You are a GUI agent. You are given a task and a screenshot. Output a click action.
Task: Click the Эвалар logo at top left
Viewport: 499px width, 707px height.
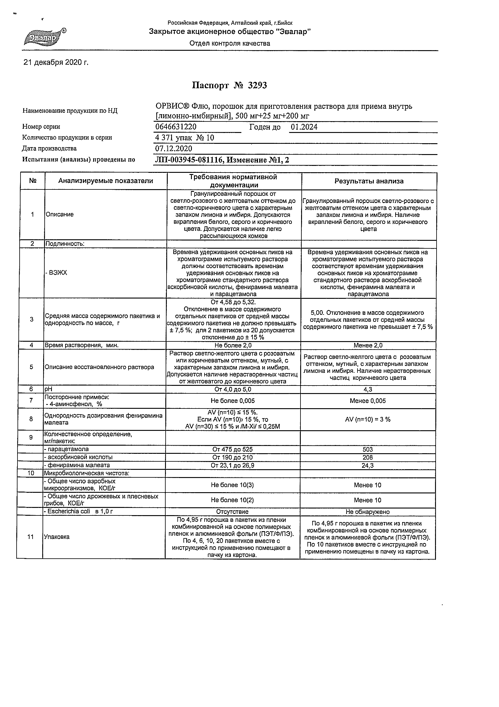click(x=45, y=37)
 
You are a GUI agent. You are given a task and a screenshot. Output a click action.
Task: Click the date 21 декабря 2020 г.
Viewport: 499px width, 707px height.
click(x=56, y=63)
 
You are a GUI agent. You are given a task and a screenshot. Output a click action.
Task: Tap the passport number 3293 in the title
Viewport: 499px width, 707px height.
click(x=257, y=85)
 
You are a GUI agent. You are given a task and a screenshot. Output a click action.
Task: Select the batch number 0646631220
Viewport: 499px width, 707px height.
click(x=176, y=127)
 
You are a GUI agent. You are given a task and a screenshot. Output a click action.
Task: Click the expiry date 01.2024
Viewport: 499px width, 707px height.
click(x=304, y=127)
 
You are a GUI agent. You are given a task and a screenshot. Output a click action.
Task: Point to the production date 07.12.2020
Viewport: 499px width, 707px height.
click(x=174, y=149)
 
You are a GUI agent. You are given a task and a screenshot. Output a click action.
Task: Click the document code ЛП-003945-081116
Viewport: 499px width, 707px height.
click(x=188, y=160)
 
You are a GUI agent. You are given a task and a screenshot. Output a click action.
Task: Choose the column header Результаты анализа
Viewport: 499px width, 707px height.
click(x=369, y=181)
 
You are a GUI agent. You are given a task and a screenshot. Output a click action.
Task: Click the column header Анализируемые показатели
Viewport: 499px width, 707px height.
click(x=106, y=181)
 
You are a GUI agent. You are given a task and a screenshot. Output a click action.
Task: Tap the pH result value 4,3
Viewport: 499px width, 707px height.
click(x=368, y=389)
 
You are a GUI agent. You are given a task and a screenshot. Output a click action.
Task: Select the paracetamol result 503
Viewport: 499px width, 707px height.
click(x=368, y=450)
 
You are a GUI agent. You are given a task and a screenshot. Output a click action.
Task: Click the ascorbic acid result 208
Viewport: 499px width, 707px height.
click(x=368, y=457)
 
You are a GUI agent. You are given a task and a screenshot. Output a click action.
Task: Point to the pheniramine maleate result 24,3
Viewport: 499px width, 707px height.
click(x=368, y=466)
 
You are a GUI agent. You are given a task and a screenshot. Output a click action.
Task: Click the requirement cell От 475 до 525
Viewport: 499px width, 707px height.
click(x=232, y=450)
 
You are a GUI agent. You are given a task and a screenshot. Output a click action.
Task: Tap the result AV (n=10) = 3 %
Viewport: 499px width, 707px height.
click(x=368, y=419)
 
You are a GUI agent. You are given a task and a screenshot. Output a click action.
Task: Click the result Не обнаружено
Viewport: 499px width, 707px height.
click(x=368, y=512)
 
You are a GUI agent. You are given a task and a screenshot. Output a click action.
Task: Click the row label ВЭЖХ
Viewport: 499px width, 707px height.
click(x=57, y=273)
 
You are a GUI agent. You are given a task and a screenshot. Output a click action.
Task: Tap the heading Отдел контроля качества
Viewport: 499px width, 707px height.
click(x=230, y=44)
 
